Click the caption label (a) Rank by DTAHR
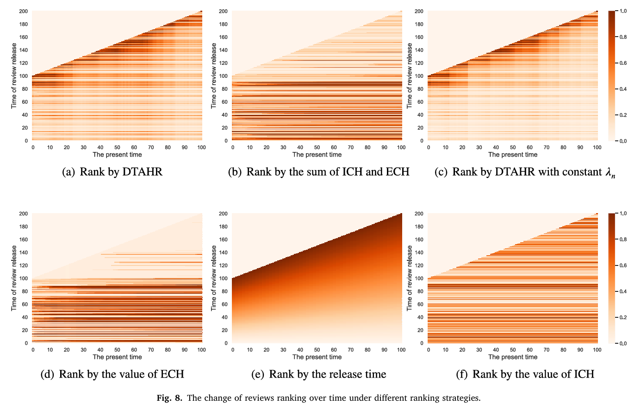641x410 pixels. (x=112, y=172)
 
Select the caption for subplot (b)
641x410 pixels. (x=319, y=172)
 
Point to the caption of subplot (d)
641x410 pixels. (x=112, y=374)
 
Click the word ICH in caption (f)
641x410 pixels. (x=585, y=374)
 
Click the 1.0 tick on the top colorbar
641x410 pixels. (x=623, y=11)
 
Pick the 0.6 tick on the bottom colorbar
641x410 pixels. (x=623, y=265)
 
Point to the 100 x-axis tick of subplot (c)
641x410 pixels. (x=597, y=147)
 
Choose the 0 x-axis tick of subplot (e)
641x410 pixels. (x=233, y=350)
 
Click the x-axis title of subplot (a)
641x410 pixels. (x=117, y=154)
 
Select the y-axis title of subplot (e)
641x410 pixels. (x=214, y=278)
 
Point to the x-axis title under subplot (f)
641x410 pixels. (x=512, y=357)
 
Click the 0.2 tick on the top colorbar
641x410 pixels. (x=623, y=115)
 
